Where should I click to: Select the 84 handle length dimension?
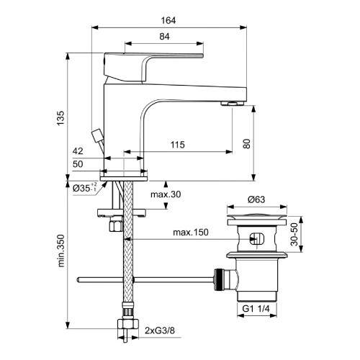[166, 36]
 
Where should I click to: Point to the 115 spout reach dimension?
[177, 145]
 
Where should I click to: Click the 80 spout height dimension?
[248, 143]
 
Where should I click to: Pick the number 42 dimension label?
[78, 151]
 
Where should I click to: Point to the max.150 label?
[189, 232]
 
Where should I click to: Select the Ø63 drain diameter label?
[257, 199]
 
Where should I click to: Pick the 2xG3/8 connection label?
[161, 333]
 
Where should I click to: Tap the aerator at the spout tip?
[232, 103]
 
